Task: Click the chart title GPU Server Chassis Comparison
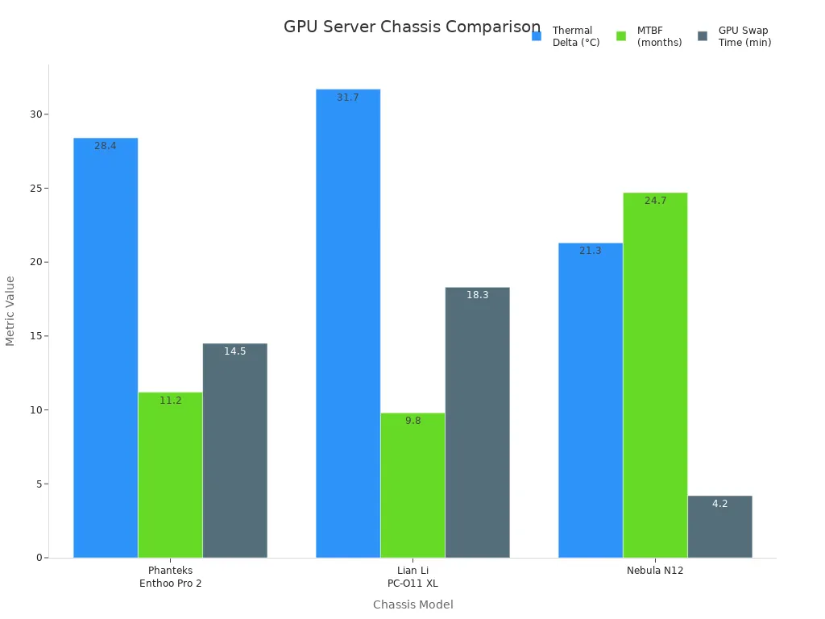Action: tap(412, 27)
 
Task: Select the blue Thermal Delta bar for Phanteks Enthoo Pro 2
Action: tap(106, 347)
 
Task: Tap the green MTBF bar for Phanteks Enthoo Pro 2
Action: tap(170, 475)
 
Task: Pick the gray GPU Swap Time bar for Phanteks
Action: tap(234, 451)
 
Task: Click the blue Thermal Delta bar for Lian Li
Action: tap(348, 323)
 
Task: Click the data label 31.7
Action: tap(348, 98)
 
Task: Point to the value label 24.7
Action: tap(655, 201)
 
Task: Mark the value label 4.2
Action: tap(719, 504)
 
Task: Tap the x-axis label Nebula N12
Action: tap(655, 571)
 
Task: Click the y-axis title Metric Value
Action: tap(10, 310)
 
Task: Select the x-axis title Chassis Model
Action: tap(412, 604)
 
